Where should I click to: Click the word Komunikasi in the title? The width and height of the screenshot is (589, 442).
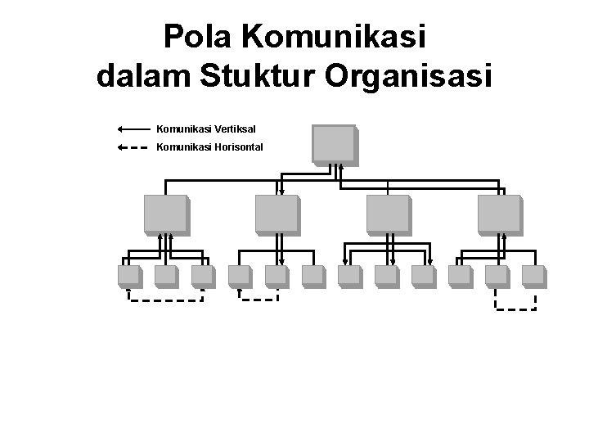click(335, 38)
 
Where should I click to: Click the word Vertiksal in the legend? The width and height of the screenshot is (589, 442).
click(236, 129)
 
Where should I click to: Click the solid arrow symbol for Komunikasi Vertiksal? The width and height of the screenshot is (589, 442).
click(133, 129)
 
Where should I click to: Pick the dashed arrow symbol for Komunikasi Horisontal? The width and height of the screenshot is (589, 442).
click(133, 148)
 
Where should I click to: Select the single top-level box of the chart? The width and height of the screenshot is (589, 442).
click(333, 144)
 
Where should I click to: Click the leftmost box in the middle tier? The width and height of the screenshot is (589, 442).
click(165, 214)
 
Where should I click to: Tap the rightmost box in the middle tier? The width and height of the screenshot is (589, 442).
click(500, 214)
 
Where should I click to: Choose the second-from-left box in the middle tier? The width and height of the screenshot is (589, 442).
click(277, 214)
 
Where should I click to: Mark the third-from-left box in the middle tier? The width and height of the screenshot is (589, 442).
click(388, 214)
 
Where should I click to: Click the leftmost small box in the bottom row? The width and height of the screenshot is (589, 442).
click(129, 277)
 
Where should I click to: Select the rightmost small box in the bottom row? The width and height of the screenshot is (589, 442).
click(533, 277)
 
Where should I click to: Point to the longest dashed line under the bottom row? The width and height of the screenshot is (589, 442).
click(165, 300)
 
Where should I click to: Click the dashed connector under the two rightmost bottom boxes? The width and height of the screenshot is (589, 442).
click(515, 309)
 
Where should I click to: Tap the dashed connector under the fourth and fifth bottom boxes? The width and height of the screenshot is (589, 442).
click(259, 299)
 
